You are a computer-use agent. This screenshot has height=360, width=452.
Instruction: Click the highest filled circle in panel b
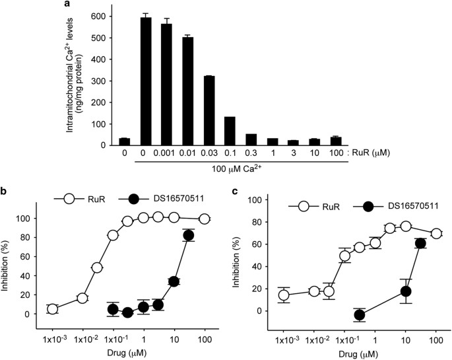(189, 235)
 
